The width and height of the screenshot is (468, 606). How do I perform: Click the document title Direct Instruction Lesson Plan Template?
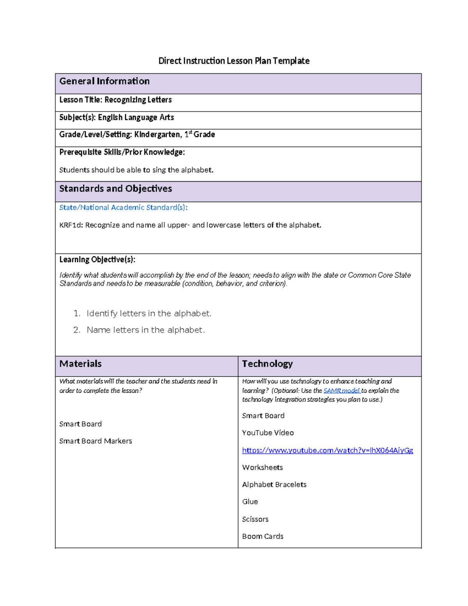coord(234,61)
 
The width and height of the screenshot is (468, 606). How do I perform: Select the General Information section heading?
coord(104,81)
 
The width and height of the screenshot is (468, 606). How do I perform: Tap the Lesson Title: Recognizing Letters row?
coord(115,100)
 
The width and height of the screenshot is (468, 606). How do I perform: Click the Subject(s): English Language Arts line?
coord(117,117)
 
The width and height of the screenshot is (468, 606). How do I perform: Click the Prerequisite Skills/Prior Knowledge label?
coord(122,152)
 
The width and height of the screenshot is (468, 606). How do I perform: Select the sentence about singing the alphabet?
coord(136,170)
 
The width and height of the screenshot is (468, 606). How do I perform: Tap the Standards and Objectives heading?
coord(115,189)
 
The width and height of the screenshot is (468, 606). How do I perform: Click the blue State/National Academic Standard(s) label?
coord(123,208)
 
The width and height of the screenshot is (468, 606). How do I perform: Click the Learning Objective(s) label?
coord(97,259)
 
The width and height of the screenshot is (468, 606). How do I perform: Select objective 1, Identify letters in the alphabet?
coord(149,313)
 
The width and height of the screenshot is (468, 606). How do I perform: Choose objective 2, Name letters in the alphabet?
coord(145,330)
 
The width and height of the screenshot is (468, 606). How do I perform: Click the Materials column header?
coord(80,364)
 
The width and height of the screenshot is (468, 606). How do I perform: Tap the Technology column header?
coord(267,364)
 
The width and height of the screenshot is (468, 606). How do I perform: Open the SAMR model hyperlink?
coord(341,391)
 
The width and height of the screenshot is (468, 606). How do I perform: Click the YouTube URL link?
coord(327,450)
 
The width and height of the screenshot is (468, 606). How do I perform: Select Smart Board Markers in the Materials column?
coord(96,441)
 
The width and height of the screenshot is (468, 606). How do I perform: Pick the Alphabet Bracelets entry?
coord(274,485)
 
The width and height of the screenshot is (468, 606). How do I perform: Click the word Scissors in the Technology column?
coord(255,519)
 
